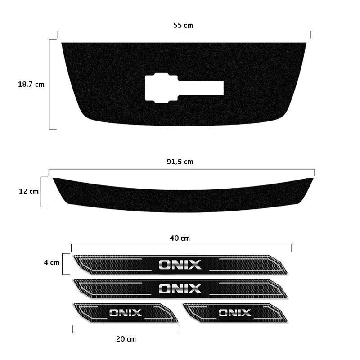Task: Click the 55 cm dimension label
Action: pos(183,25)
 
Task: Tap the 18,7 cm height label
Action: pos(31,84)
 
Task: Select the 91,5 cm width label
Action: pos(180,162)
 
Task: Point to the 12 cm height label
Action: pos(29,192)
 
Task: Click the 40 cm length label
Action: pos(180,238)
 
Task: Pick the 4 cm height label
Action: pos(52,262)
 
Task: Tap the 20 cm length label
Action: pos(126,339)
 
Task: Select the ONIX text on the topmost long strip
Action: pos(180,265)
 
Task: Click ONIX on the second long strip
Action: pos(180,289)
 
